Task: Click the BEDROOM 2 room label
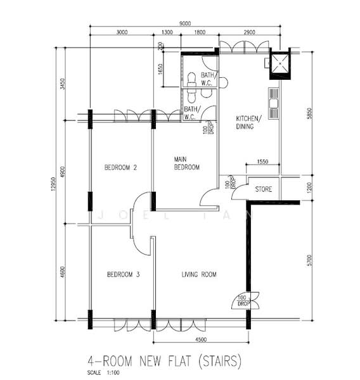[121, 167]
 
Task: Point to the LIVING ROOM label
[199, 274]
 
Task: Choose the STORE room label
[264, 189]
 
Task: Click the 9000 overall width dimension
[185, 23]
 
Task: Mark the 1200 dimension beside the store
[309, 188]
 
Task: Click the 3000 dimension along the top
[122, 32]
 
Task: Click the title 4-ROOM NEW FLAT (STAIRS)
[164, 361]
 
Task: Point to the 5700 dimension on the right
[309, 260]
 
